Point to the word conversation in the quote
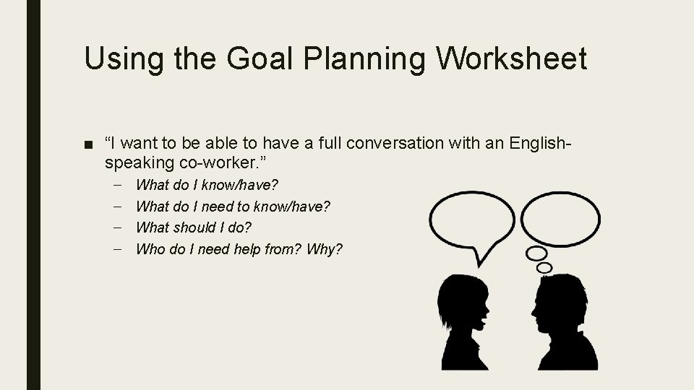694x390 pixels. (405, 144)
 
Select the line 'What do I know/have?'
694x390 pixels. (207, 186)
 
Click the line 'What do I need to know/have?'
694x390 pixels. (233, 207)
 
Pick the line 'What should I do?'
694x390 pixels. (194, 227)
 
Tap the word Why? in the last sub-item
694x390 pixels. (325, 249)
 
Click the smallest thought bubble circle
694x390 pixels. (544, 267)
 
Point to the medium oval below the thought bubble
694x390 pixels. (536, 253)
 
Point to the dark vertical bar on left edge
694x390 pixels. (33, 195)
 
